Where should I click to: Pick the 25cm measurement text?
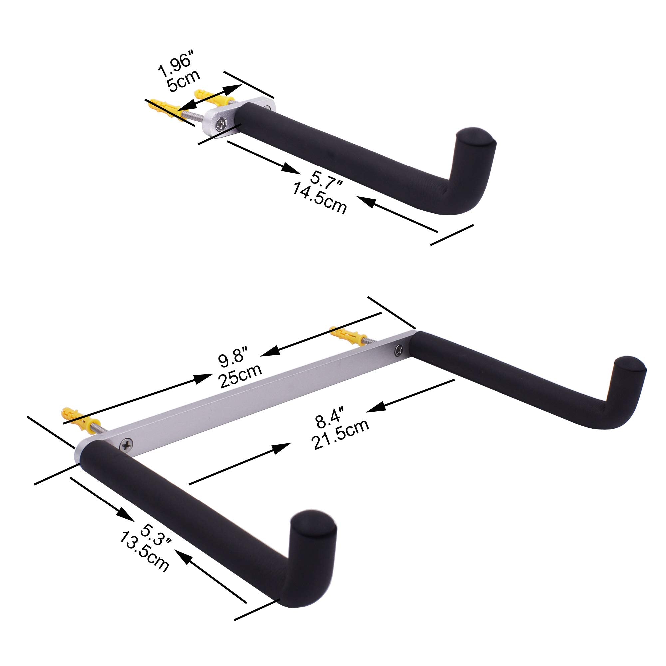click(x=240, y=374)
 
